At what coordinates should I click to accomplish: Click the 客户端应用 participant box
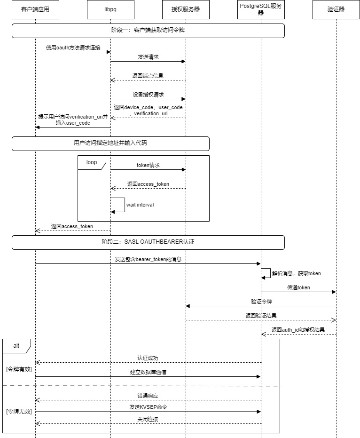pos(35,9)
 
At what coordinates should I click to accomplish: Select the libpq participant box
pos(110,9)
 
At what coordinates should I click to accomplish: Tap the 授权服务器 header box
pos(186,9)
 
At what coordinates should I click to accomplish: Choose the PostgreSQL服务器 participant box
pos(261,9)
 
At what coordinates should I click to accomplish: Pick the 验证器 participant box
pos(336,9)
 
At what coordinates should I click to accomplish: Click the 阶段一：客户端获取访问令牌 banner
pos(148,31)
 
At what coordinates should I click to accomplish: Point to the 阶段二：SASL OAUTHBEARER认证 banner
pos(148,242)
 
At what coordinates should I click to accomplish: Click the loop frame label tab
pos(92,162)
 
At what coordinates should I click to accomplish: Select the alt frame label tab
pos(16,346)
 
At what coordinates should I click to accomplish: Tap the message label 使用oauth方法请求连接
pos(73,48)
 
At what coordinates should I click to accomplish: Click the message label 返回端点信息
pos(148,76)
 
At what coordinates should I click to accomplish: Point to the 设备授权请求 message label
pos(148,95)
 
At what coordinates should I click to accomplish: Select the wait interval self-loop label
pos(140,205)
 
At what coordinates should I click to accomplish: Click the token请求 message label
pos(148,165)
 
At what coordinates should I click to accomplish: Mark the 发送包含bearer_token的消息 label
pos(148,259)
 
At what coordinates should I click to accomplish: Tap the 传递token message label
pos(298,287)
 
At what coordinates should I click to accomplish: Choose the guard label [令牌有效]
pos(19,369)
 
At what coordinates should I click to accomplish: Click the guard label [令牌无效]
pos(19,412)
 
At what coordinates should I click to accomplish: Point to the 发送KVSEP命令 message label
pos(148,407)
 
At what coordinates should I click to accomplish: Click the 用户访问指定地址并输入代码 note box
pos(110,143)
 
